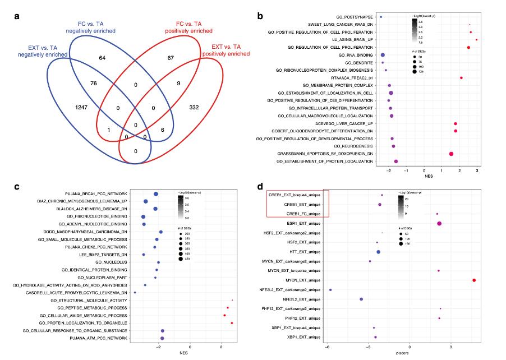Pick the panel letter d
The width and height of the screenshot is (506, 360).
point(260,187)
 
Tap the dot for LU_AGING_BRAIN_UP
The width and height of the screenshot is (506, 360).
point(476,40)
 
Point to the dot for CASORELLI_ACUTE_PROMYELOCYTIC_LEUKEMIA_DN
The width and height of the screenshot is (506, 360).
point(135,293)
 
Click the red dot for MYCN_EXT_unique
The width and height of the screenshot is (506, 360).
point(475,280)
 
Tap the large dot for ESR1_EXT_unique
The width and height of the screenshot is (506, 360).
point(439,223)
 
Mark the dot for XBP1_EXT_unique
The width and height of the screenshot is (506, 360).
point(375,337)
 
